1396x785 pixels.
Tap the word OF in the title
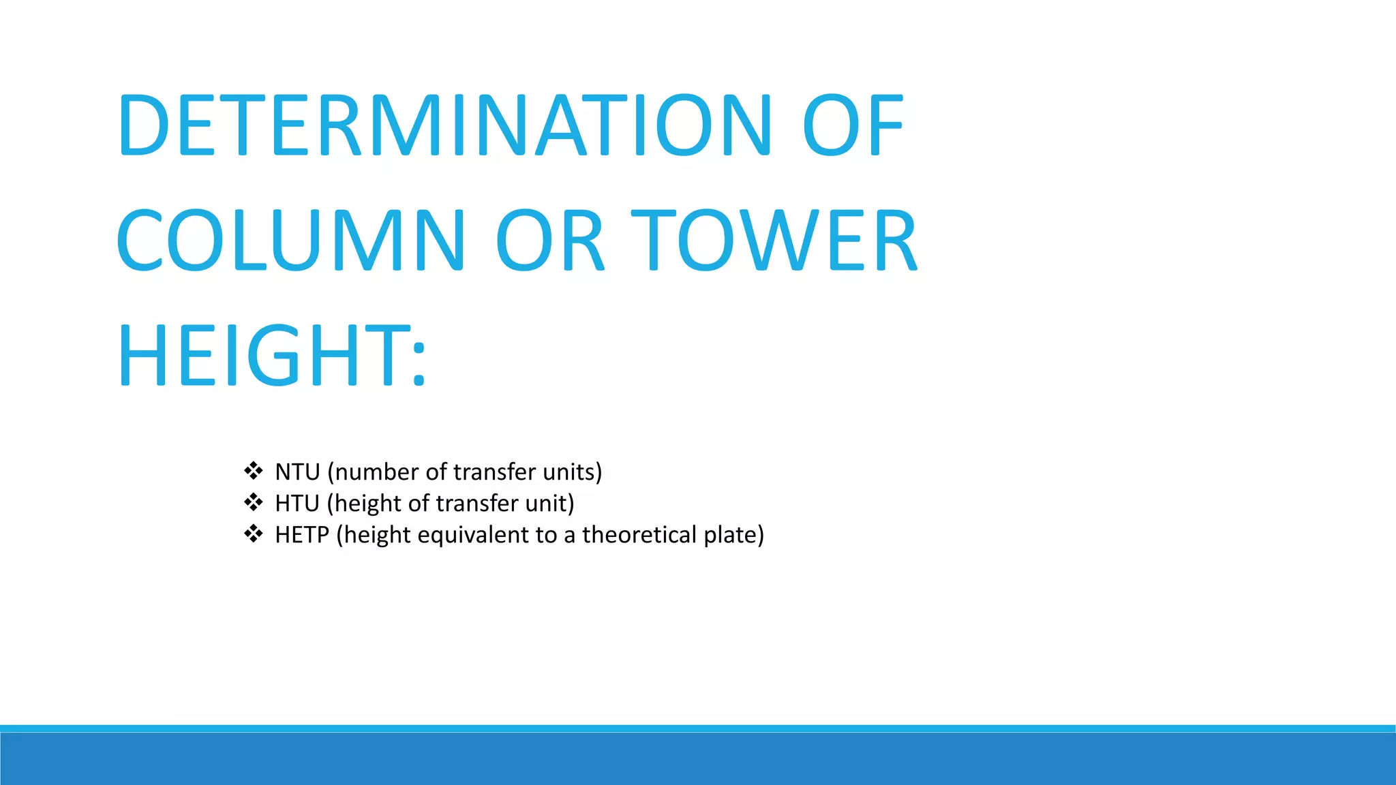pyautogui.click(x=853, y=125)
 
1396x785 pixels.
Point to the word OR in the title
pyautogui.click(x=549, y=240)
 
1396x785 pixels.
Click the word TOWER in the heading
pyautogui.click(x=774, y=240)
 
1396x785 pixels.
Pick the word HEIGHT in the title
pyautogui.click(x=263, y=354)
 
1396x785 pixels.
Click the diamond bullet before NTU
pyautogui.click(x=254, y=471)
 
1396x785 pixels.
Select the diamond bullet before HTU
pyautogui.click(x=254, y=503)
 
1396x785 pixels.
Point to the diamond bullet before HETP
pyautogui.click(x=254, y=534)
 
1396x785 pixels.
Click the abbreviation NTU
pyautogui.click(x=297, y=472)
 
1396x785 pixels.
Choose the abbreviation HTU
pyautogui.click(x=297, y=504)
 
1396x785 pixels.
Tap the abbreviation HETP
pyautogui.click(x=302, y=535)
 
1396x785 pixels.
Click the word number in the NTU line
pyautogui.click(x=376, y=472)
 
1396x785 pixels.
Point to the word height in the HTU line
pyautogui.click(x=367, y=504)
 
